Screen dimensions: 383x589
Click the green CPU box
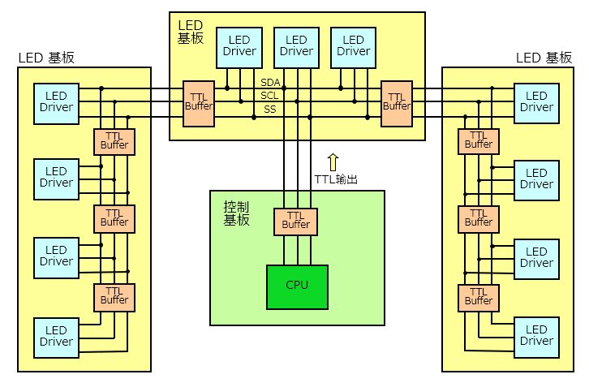click(297, 286)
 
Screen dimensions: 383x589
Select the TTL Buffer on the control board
click(296, 220)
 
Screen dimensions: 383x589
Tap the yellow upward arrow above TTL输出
click(333, 161)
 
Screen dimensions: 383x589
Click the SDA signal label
click(270, 83)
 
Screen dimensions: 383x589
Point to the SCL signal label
click(270, 96)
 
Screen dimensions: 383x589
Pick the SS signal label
click(270, 109)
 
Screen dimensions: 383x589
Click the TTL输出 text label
click(336, 179)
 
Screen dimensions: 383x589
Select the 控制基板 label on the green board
click(236, 213)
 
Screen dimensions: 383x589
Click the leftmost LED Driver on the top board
click(239, 46)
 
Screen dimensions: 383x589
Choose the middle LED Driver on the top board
click(296, 46)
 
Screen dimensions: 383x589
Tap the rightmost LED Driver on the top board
click(354, 46)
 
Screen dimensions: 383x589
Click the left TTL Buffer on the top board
click(199, 102)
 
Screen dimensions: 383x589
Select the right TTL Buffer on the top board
click(397, 102)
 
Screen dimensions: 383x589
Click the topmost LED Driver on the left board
click(56, 102)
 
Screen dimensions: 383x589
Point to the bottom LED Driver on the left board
click(56, 336)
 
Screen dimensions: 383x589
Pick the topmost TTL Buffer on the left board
click(114, 142)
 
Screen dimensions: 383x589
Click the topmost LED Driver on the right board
click(536, 102)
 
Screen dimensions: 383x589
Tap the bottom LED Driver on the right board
click(536, 336)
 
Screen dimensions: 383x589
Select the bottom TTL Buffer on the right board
click(479, 298)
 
